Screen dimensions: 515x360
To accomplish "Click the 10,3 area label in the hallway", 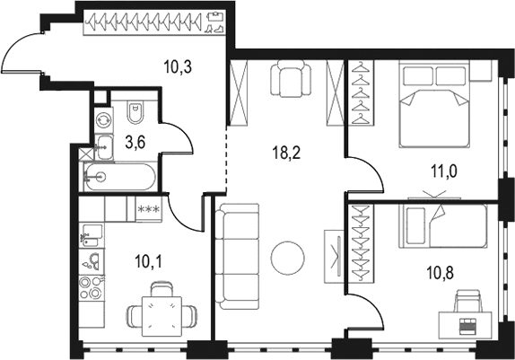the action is coord(178,67).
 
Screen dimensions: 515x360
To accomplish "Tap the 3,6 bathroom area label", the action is coord(135,143).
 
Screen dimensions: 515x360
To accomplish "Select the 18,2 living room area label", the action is coord(286,153).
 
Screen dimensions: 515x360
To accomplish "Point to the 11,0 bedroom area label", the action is coord(444,171).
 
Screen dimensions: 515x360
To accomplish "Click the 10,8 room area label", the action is coord(441,273).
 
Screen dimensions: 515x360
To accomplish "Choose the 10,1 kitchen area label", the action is coord(148,262).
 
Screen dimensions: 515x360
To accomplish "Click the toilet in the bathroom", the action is coord(135,112).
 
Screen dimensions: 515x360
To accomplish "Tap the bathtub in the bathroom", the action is coord(119,177).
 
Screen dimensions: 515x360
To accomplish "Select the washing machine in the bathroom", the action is coord(104,120).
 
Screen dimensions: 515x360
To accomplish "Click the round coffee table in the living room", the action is coord(288,257).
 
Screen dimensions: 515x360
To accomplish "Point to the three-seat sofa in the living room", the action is coord(237,257).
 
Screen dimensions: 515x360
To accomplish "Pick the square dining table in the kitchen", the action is coord(161,316).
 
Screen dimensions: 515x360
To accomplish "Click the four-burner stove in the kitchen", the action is coord(92,287).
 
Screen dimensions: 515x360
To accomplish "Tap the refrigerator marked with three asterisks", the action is coord(149,209).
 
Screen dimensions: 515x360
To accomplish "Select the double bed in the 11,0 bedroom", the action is coord(434,105).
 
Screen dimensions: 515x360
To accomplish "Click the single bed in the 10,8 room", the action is coord(443,226).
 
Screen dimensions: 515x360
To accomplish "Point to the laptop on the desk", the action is coord(466,326).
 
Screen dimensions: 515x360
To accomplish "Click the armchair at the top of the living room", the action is coord(291,79).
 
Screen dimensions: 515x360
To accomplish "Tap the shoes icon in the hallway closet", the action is coord(214,29).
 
